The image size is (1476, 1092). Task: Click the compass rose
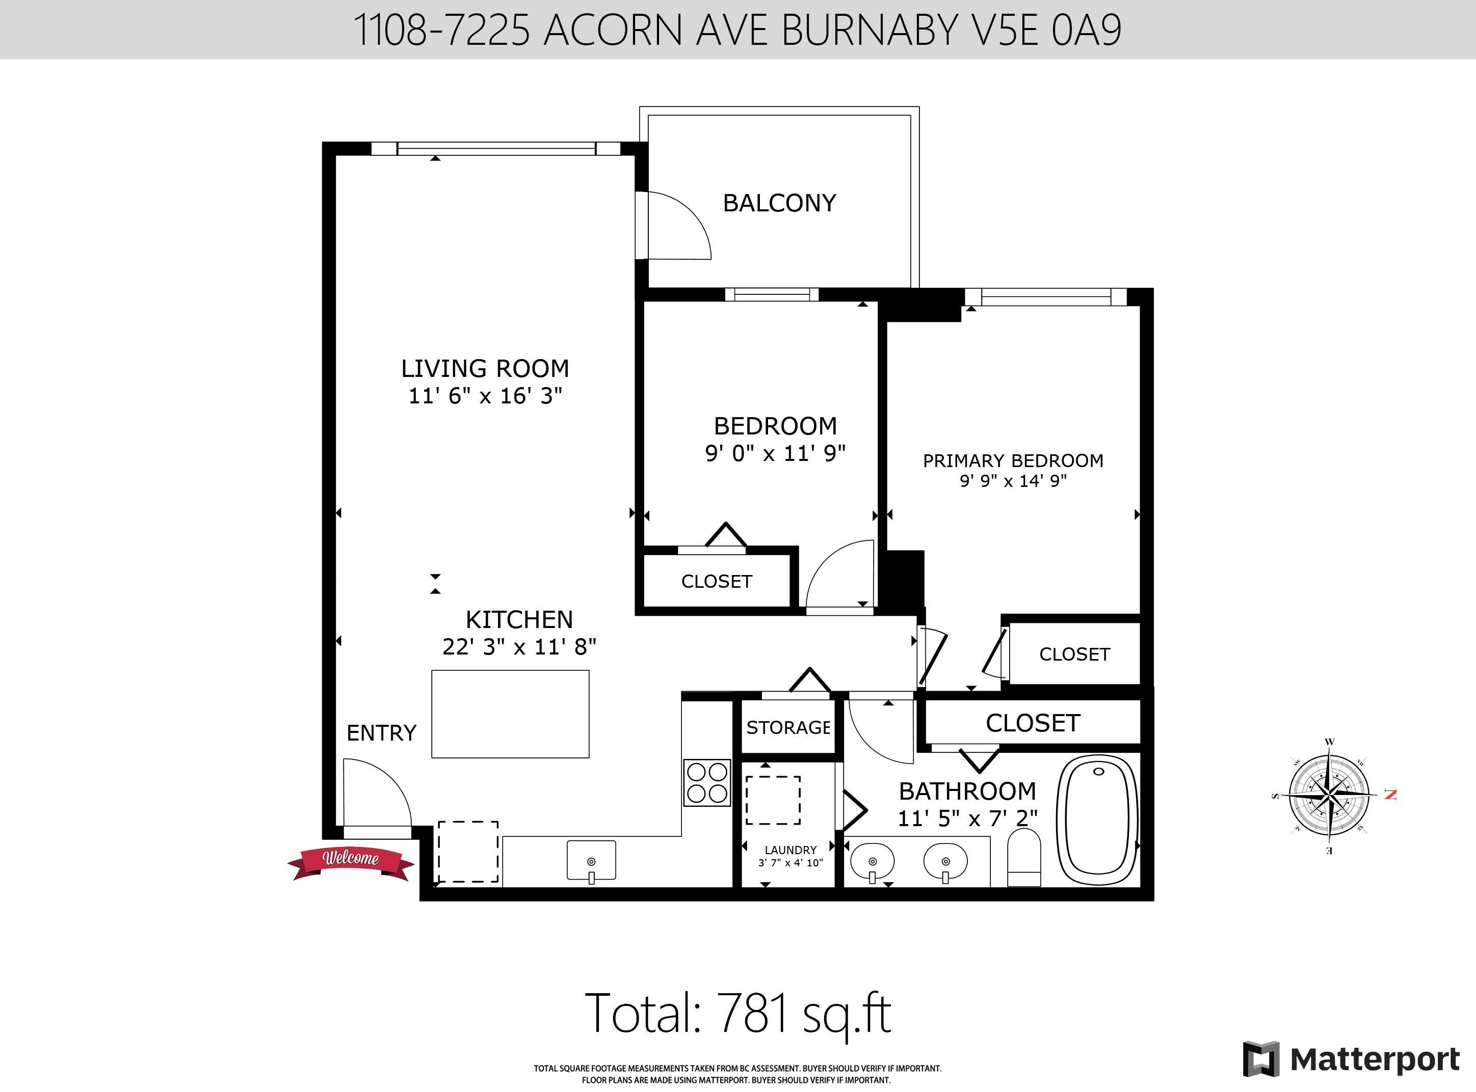click(x=1329, y=795)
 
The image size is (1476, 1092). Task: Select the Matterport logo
click(x=1351, y=1059)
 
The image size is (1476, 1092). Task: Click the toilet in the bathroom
click(x=1024, y=857)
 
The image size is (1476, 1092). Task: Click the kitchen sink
click(x=591, y=861)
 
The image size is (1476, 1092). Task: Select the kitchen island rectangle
click(x=510, y=714)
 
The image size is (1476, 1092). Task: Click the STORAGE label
click(x=787, y=728)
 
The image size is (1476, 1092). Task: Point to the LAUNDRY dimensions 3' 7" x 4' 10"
click(x=790, y=863)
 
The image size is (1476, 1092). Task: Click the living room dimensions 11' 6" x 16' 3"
click(x=485, y=396)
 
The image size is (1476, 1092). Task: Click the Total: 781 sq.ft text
click(x=738, y=1013)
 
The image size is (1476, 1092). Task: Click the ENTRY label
click(x=382, y=733)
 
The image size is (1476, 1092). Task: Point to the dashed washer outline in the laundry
click(x=773, y=801)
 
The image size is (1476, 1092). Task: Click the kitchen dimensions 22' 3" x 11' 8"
click(x=519, y=646)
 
